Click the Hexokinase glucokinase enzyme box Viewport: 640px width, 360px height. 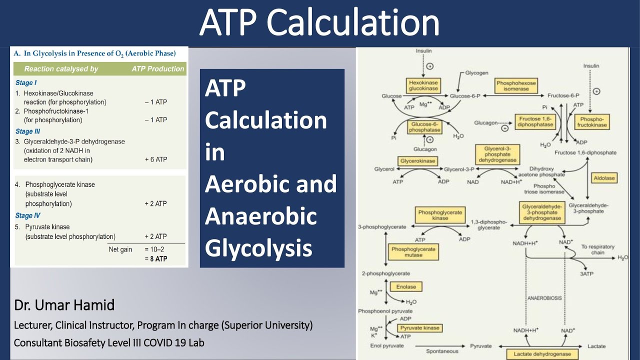[423, 85]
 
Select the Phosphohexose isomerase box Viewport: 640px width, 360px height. [516, 85]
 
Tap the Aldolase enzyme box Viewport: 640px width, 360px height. [604, 178]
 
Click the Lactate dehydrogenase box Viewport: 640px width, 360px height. [542, 354]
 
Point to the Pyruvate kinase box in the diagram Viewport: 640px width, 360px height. [420, 328]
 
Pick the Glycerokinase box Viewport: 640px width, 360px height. [417, 161]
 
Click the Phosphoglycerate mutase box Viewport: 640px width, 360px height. [413, 252]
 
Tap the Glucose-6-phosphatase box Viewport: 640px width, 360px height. [425, 127]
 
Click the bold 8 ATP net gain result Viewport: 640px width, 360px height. [156, 259]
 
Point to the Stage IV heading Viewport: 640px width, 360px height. [28, 216]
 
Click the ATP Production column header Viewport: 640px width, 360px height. [158, 69]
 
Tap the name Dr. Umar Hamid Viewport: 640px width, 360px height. [64, 305]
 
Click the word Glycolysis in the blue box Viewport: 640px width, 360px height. [258, 248]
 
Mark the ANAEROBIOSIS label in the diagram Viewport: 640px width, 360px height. [544, 298]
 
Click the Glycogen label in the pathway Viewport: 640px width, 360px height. [477, 72]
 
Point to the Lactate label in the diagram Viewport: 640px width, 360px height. [596, 346]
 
